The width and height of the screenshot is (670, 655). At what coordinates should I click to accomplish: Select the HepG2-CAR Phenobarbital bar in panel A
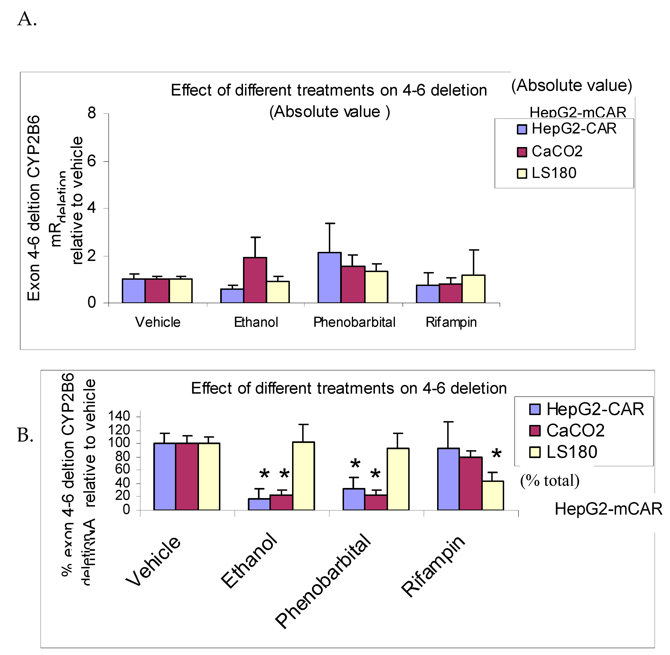[x=329, y=278]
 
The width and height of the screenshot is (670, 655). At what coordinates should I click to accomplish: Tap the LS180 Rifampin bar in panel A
[x=473, y=289]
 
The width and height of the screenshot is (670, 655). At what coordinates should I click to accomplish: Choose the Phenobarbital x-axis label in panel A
[x=354, y=322]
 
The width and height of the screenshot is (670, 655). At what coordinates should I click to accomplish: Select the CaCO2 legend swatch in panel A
[x=522, y=152]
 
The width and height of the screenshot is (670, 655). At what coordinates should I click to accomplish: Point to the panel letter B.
[x=25, y=435]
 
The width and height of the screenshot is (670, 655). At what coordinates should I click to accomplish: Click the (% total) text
[x=550, y=480]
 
